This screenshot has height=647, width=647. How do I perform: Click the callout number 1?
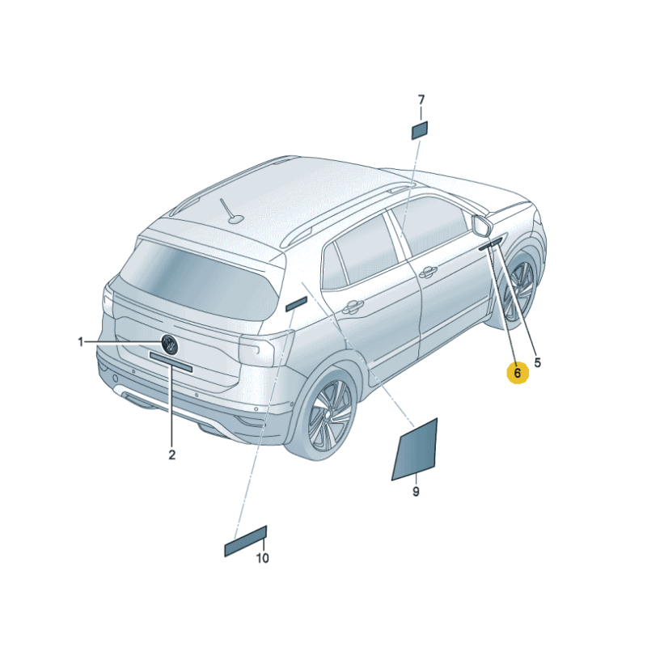point(81,342)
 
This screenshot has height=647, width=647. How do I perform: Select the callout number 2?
point(172,455)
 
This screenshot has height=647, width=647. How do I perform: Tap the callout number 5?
point(537,362)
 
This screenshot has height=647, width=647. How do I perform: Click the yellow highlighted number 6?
point(518,373)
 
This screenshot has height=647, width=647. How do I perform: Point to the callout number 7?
point(421,99)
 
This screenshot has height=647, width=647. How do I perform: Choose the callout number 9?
point(416,492)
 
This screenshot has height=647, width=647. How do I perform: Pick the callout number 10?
point(262,558)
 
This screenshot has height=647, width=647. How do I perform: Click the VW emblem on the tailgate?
point(170,345)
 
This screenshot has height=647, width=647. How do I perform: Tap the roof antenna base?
point(235,218)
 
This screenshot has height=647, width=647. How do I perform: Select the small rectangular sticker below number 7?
point(419,130)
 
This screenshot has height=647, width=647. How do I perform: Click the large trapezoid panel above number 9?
point(415,450)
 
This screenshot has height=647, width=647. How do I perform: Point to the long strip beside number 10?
point(246,541)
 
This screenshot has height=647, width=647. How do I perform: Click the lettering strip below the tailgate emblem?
point(171,362)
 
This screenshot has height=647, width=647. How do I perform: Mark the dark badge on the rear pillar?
point(296,304)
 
